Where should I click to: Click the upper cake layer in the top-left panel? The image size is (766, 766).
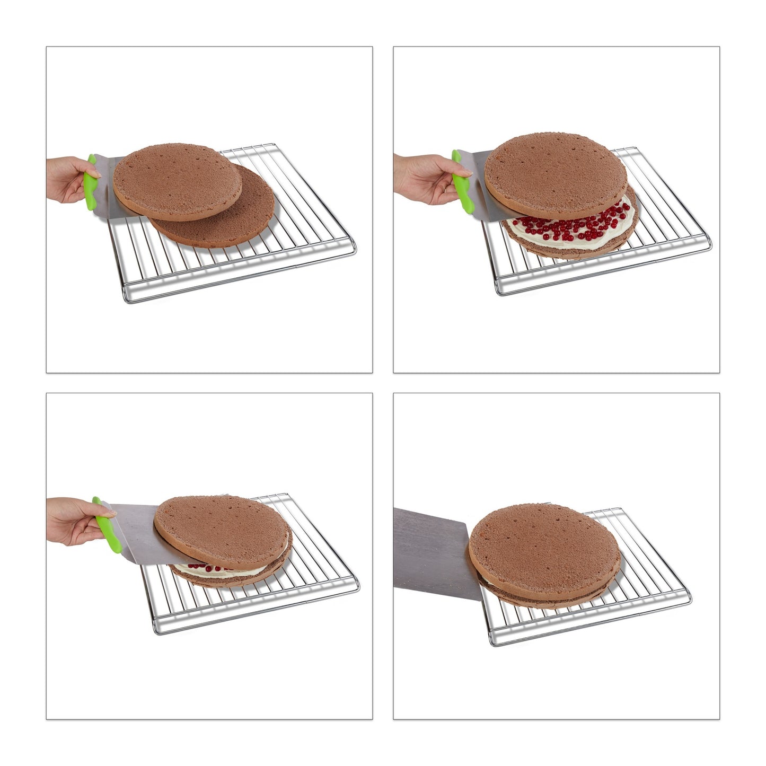[x=177, y=180]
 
